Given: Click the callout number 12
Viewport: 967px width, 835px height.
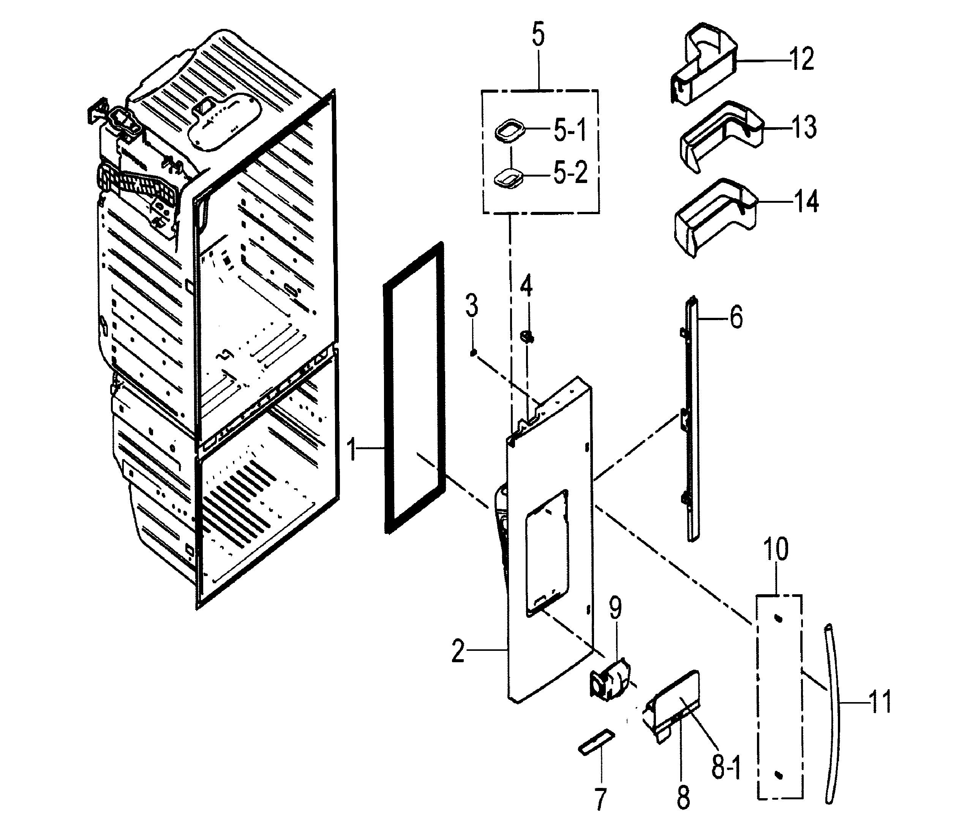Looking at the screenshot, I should tap(802, 59).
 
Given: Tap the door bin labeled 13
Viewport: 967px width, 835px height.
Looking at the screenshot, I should tap(719, 137).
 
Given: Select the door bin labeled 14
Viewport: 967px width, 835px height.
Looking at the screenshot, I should tap(714, 217).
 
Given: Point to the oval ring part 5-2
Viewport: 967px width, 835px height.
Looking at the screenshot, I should tap(508, 179).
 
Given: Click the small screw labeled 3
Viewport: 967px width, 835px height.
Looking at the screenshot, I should tap(473, 353).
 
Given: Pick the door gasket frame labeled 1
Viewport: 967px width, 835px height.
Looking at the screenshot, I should tap(413, 387).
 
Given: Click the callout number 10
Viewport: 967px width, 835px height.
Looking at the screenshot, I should tap(776, 549).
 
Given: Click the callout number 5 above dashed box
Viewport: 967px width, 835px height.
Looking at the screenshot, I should tap(538, 35).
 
